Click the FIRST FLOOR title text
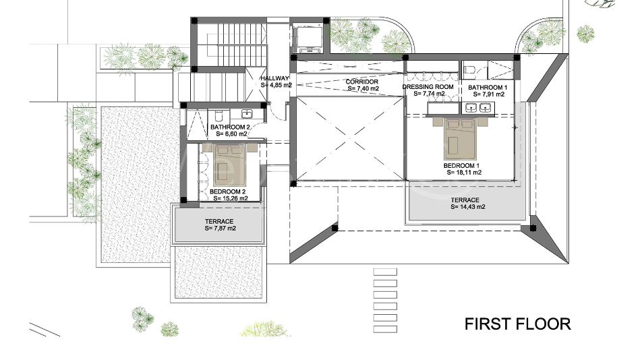[x=517, y=324]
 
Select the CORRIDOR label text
[x=361, y=82]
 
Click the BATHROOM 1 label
[x=488, y=88]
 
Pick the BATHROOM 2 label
[x=230, y=127]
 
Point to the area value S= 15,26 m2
[x=230, y=199]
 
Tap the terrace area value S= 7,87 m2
[x=219, y=229]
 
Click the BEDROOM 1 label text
[x=461, y=165]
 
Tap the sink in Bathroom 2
[x=247, y=114]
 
